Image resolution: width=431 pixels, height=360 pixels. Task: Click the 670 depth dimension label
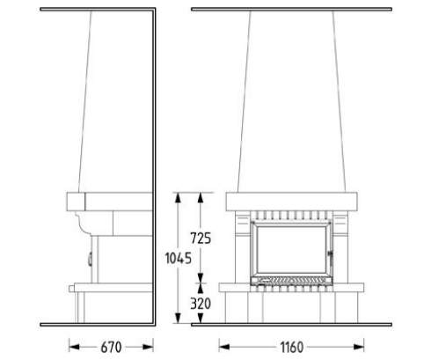click(111, 348)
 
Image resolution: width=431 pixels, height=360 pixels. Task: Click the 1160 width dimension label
click(292, 348)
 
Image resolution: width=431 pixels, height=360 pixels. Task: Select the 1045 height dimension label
click(179, 258)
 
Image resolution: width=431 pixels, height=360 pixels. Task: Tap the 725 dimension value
click(201, 239)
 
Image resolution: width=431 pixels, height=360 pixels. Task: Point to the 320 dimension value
click(201, 304)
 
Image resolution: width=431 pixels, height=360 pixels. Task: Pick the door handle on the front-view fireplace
click(331, 256)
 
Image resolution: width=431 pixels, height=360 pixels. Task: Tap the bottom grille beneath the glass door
click(292, 281)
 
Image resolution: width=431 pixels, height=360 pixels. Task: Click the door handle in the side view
click(91, 259)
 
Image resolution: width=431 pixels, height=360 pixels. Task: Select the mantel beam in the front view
click(292, 202)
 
